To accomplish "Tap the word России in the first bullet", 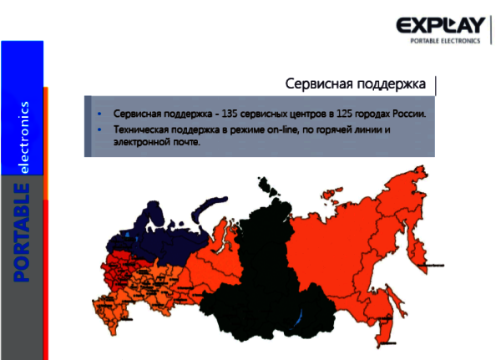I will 409,113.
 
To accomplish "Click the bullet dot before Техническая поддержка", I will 100,130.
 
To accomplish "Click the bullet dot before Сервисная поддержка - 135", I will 100,113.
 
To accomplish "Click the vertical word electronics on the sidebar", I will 24,137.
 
